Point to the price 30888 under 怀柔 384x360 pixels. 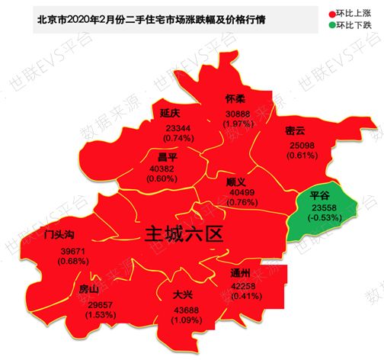pos(237,113)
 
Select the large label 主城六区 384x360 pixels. pos(184,233)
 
